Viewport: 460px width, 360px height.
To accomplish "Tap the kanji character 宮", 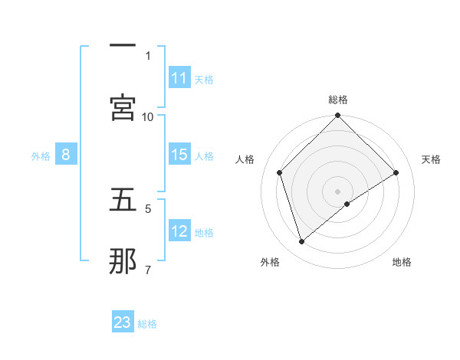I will pyautogui.click(x=123, y=108).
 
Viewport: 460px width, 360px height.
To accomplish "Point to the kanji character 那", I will pyautogui.click(x=123, y=260).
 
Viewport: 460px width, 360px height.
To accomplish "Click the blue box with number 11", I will pyautogui.click(x=179, y=78).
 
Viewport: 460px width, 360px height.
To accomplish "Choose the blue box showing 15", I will pyautogui.click(x=179, y=155).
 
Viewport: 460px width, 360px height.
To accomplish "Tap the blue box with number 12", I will pyautogui.click(x=179, y=231).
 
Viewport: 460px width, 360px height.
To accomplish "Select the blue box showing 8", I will pyautogui.click(x=66, y=155).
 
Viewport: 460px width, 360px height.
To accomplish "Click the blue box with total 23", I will pyautogui.click(x=123, y=322).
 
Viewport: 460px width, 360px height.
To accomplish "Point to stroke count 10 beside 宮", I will pyautogui.click(x=148, y=116).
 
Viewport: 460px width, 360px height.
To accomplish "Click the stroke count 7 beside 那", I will pyautogui.click(x=148, y=269).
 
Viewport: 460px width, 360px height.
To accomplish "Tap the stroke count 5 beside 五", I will pyautogui.click(x=148, y=208).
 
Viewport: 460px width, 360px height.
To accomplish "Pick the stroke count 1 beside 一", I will pyautogui.click(x=148, y=55).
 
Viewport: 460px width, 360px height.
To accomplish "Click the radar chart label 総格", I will pyautogui.click(x=338, y=100).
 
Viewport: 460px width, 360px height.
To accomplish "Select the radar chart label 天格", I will pyautogui.click(x=431, y=159).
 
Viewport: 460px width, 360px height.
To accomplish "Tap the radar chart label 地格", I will pyautogui.click(x=402, y=262).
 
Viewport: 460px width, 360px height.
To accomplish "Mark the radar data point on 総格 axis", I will pyautogui.click(x=338, y=116).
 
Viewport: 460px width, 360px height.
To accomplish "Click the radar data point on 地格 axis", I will pyautogui.click(x=347, y=204).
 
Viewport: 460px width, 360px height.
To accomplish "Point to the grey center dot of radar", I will pyautogui.click(x=338, y=191).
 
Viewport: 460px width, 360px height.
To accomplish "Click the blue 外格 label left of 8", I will pyautogui.click(x=41, y=155).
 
